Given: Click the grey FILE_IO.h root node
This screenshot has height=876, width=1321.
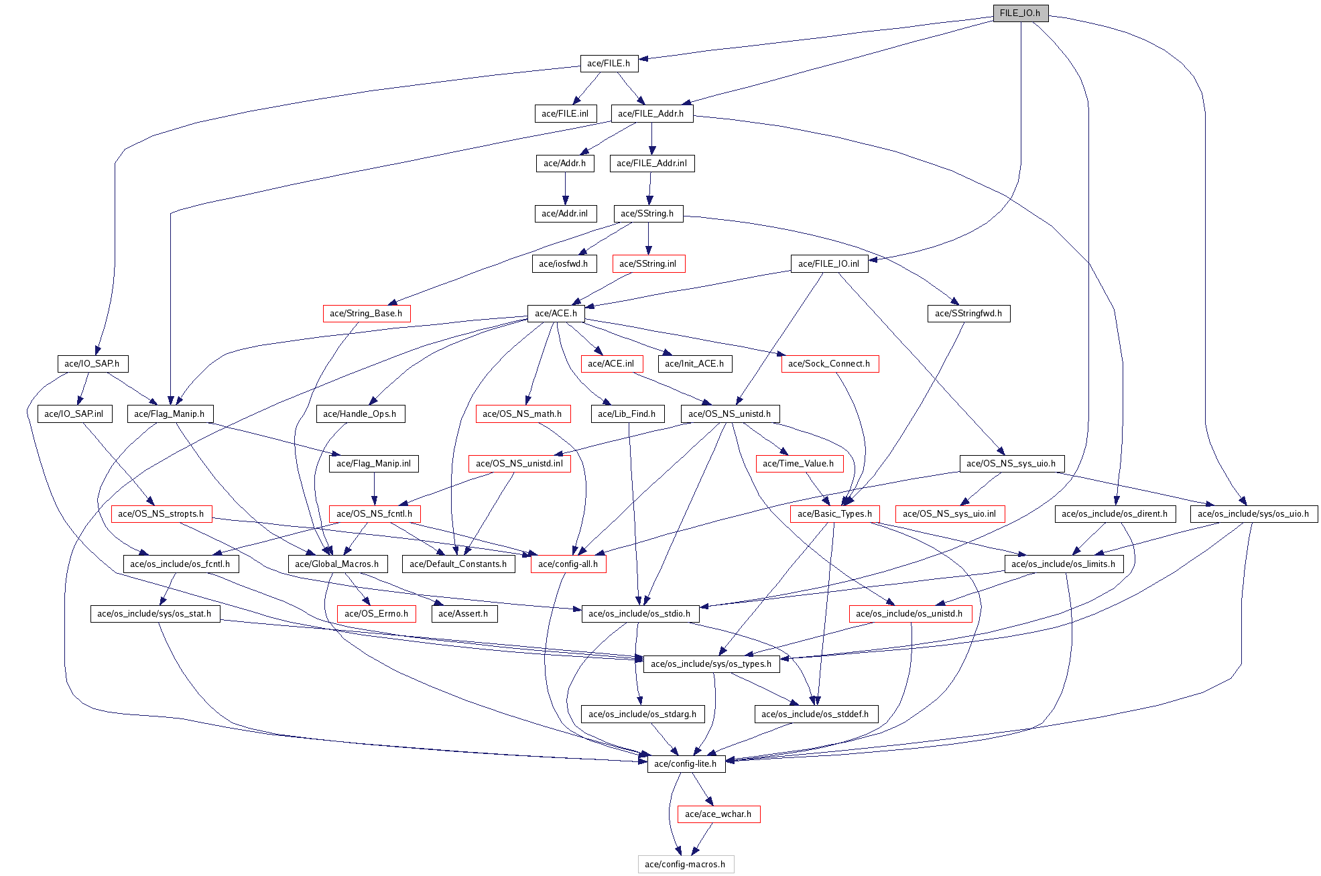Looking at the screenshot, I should coord(1020,13).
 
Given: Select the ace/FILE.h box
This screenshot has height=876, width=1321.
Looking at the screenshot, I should coord(609,64).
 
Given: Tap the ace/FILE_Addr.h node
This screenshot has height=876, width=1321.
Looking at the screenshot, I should coord(651,114).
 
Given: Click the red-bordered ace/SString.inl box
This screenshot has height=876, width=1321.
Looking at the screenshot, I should coord(648,264).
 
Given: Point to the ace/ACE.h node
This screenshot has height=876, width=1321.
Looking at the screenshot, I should coord(556,314).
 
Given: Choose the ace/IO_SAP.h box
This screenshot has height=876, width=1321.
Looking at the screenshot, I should coord(92,364).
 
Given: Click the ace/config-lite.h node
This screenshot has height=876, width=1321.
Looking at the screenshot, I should coord(686,764).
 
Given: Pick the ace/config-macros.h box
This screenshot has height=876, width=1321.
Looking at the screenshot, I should coord(685,865).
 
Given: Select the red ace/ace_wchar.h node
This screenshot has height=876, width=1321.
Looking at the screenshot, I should coord(718,814).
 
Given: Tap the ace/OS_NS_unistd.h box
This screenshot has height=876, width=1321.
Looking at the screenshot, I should coord(729,414).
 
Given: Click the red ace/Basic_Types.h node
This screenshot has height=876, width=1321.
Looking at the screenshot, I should coord(834,514).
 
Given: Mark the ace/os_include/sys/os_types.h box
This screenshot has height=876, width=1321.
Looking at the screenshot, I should coord(711,664).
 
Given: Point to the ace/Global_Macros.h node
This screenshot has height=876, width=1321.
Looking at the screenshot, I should coord(336,564).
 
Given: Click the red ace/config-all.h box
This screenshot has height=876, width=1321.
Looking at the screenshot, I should coord(568,564).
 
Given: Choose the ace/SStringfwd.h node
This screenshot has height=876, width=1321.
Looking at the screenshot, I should coord(968,314).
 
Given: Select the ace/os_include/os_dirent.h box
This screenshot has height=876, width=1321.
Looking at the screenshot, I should coord(1115,514).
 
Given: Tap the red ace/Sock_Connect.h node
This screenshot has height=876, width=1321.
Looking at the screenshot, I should coord(829,364).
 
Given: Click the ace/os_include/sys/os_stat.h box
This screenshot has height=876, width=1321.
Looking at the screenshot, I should coord(154,614).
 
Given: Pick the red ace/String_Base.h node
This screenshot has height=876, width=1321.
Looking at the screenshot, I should coord(366,314).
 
